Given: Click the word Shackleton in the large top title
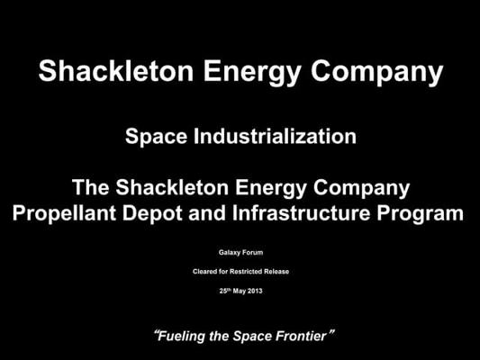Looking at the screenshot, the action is [x=115, y=71].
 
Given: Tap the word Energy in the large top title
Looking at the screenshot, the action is [x=252, y=73].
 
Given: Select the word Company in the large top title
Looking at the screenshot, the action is [x=377, y=73].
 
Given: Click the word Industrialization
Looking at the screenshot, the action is [x=275, y=136].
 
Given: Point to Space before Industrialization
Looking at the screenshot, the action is [x=156, y=138].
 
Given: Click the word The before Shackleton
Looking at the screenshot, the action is [x=91, y=187].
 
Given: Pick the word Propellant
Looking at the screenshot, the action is [x=64, y=213].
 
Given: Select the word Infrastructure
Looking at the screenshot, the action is [x=301, y=212].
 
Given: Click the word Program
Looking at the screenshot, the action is [x=420, y=214].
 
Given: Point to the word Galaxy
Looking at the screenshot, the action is [x=229, y=253].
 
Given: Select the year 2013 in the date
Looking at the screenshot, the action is [x=255, y=291].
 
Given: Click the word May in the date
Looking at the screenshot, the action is [x=240, y=292].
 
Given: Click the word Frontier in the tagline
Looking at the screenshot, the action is [x=301, y=336].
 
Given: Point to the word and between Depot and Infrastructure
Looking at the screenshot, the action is [x=207, y=212].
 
